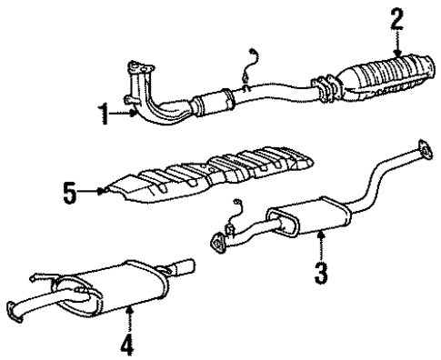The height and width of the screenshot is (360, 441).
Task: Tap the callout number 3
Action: [321, 271]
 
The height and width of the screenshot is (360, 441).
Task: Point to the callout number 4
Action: [128, 345]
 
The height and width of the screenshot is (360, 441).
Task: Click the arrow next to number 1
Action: [125, 115]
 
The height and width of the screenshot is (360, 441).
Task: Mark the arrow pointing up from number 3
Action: [321, 244]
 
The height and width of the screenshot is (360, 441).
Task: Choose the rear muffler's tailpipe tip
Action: [185, 269]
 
